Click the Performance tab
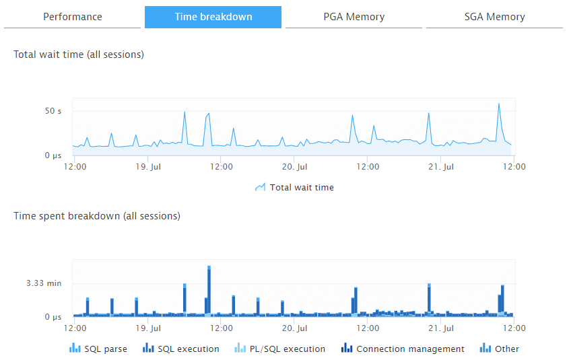[x=73, y=17]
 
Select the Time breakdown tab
[x=213, y=17]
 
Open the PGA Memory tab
[x=354, y=17]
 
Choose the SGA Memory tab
[x=494, y=17]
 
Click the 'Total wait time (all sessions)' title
[x=79, y=55]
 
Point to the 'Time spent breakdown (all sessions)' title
[x=97, y=216]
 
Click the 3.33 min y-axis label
[x=44, y=283]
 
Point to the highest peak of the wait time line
[x=498, y=104]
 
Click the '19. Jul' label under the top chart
[x=148, y=166]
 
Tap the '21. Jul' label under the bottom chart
[x=442, y=328]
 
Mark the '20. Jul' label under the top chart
[x=295, y=166]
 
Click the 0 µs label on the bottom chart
[x=53, y=316]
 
